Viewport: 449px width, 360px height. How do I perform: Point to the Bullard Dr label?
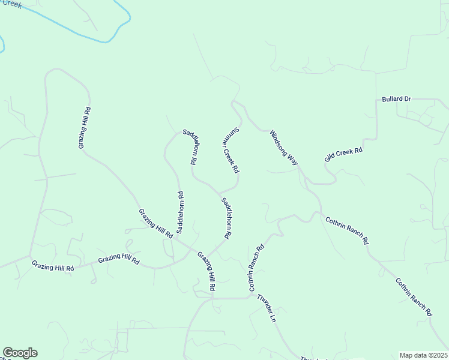click(396, 99)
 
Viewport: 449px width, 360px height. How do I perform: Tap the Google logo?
click(20, 353)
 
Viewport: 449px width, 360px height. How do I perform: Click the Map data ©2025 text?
click(423, 355)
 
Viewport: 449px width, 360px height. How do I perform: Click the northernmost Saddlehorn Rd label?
click(190, 146)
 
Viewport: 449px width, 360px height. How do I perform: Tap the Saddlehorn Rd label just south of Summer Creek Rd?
click(227, 217)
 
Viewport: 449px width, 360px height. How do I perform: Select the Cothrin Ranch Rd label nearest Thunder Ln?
click(256, 268)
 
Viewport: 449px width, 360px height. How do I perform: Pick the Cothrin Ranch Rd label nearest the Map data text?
click(414, 297)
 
